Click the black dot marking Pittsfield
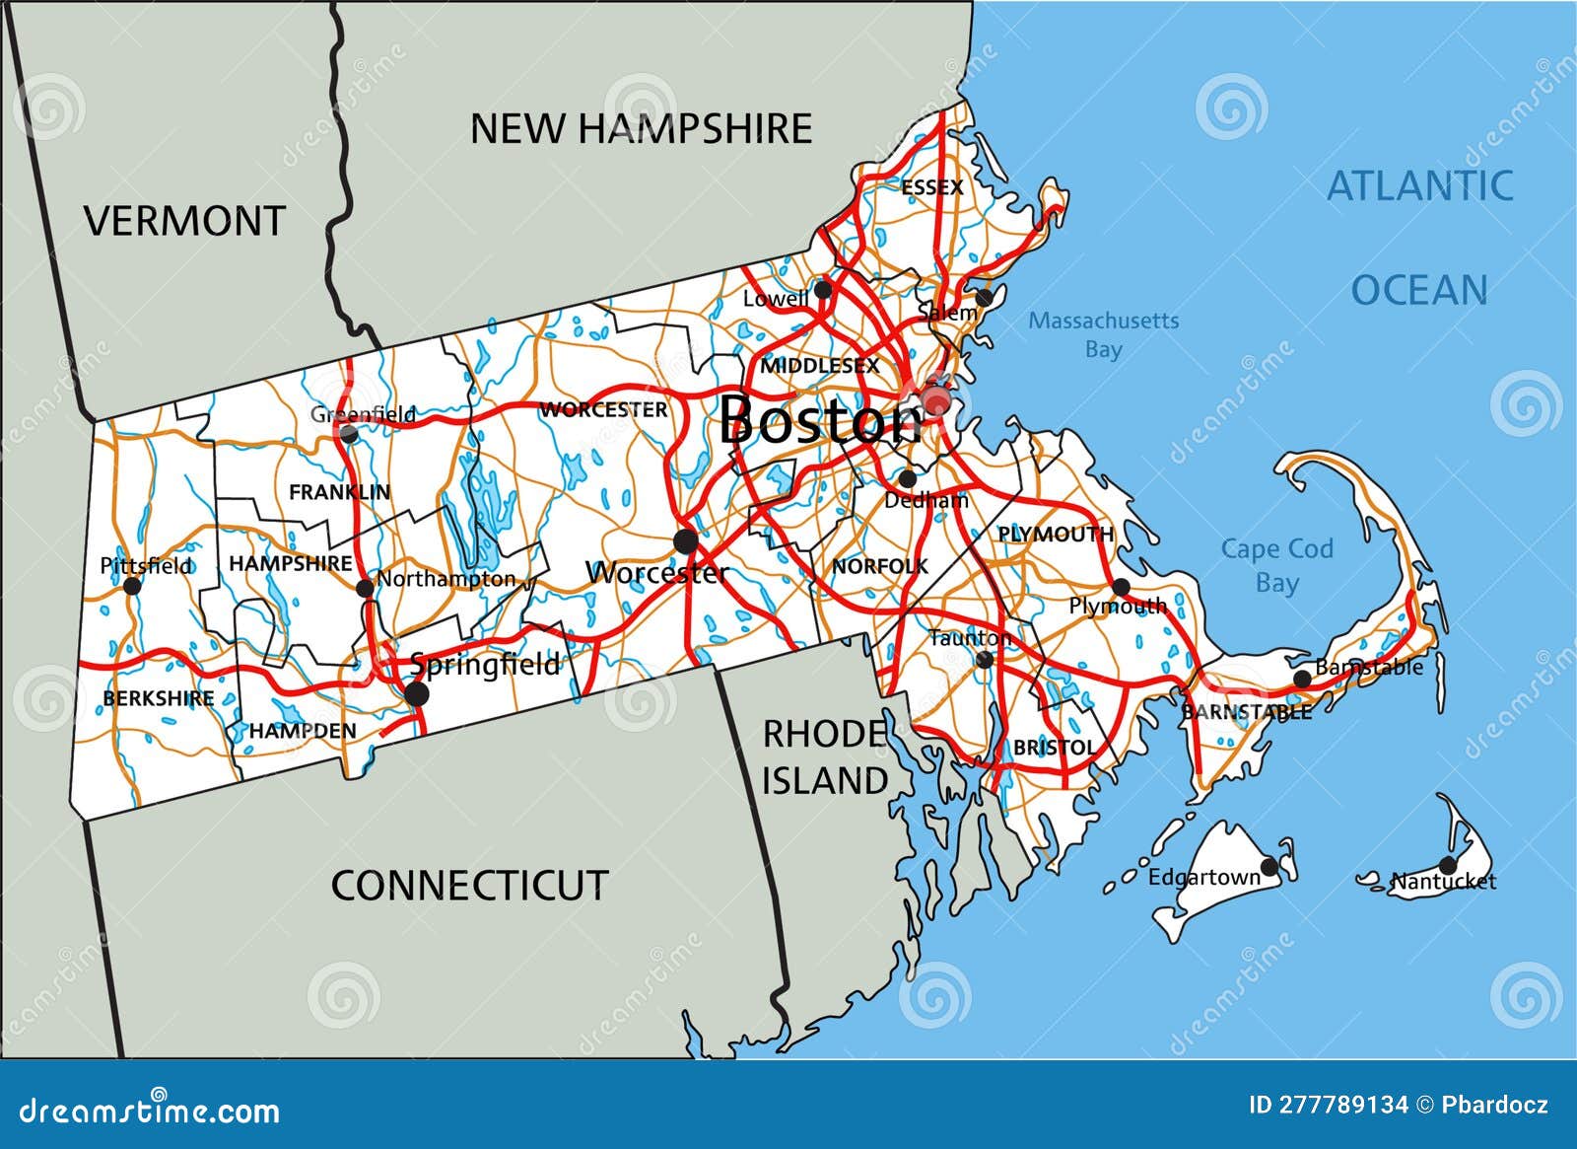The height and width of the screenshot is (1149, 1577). point(132,586)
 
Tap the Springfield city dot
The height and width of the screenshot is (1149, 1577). point(417,694)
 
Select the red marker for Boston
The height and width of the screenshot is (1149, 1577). point(935,400)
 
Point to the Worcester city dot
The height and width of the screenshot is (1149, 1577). point(685,540)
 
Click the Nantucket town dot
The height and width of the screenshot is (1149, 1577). point(1447,865)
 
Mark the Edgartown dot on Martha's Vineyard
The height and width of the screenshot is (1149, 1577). point(1269,867)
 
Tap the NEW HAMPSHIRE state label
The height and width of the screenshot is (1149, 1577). point(641,129)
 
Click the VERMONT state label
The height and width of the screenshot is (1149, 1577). point(184,221)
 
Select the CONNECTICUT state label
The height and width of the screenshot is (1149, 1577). point(469,885)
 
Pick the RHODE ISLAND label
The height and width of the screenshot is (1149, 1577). point(825,757)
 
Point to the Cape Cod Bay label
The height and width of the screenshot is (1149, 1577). point(1276,565)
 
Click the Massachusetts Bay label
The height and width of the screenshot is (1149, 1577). point(1103,334)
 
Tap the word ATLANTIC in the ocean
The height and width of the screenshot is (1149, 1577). point(1419,185)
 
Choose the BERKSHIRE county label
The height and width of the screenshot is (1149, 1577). point(158,698)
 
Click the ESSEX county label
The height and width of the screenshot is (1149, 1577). point(931,186)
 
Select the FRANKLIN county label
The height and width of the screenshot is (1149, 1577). point(339,491)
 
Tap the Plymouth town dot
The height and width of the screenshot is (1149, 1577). point(1121,587)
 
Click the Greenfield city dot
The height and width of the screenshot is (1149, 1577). point(348,432)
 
